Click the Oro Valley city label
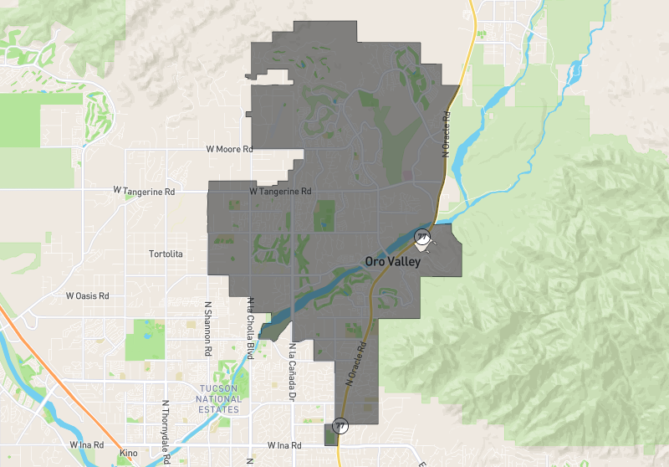[x=392, y=262]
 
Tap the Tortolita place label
[x=165, y=254]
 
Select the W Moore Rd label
[x=229, y=149]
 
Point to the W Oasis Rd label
[x=88, y=296]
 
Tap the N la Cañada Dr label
[x=293, y=368]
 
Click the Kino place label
[x=128, y=452]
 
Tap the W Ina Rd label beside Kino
[x=86, y=444]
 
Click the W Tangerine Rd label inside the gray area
[x=280, y=192]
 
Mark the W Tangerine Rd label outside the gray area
[x=144, y=192]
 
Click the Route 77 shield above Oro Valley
[x=423, y=236]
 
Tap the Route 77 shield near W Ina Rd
[x=340, y=426]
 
